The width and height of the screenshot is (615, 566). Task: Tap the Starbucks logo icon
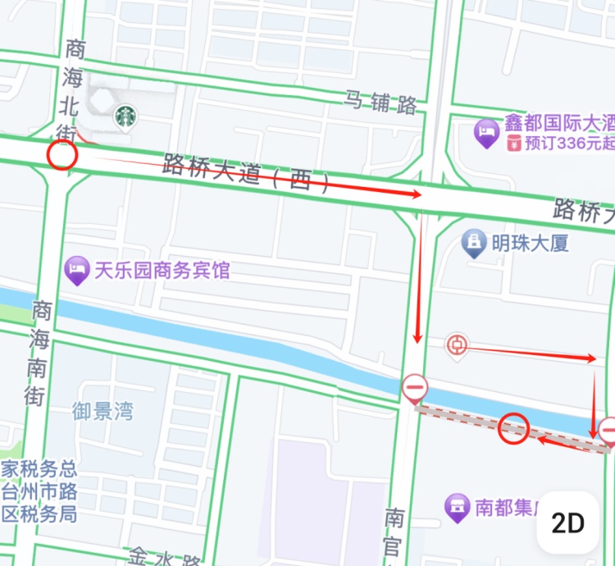pyautogui.click(x=125, y=117)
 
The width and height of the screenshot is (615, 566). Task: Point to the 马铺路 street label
pyautogui.click(x=380, y=103)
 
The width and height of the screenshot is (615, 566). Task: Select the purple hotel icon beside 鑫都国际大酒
pyautogui.click(x=487, y=133)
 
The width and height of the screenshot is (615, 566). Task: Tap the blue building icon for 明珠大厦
pyautogui.click(x=473, y=243)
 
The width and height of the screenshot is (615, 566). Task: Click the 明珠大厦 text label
pyautogui.click(x=530, y=243)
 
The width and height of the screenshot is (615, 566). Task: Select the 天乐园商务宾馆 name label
pyautogui.click(x=162, y=270)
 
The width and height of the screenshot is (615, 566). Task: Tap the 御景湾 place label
pyautogui.click(x=102, y=411)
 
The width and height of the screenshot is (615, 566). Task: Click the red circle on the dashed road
pyautogui.click(x=513, y=428)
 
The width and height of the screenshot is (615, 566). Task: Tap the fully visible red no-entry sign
pyautogui.click(x=414, y=387)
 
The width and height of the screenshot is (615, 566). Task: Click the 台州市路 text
pyautogui.click(x=39, y=492)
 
